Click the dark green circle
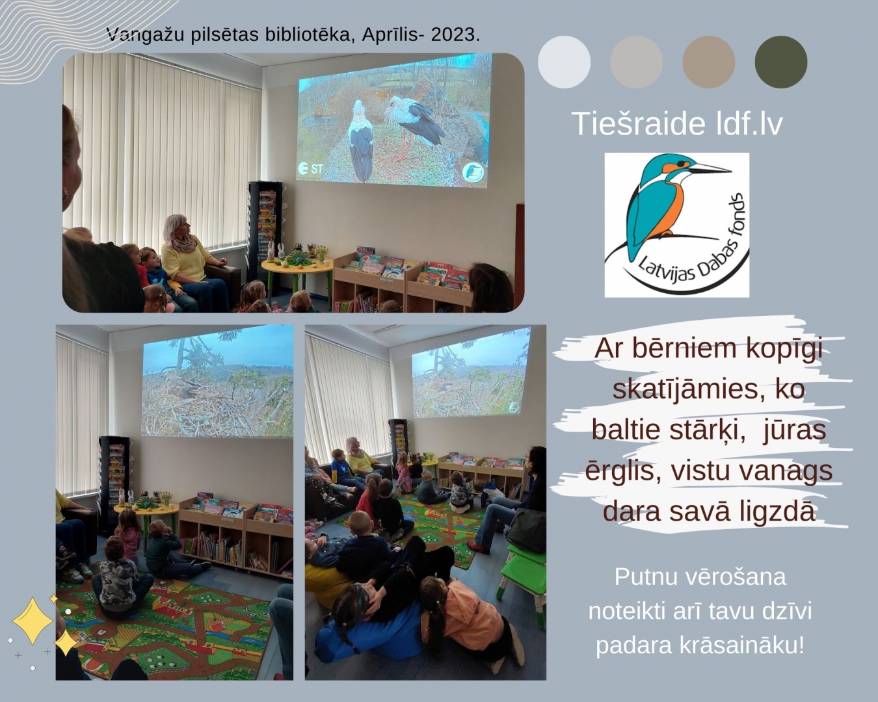(781, 62)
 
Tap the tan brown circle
(709, 62)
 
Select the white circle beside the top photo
(565, 62)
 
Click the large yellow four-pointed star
(33, 621)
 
